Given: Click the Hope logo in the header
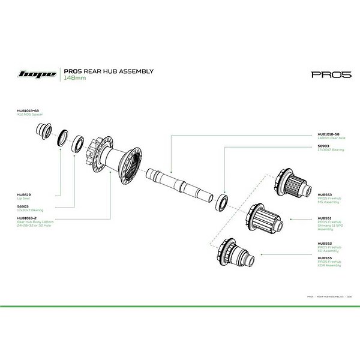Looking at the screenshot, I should pyautogui.click(x=38, y=74).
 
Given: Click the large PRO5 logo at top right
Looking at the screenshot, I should pyautogui.click(x=327, y=75).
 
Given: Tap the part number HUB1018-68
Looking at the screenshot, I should pyautogui.click(x=28, y=111).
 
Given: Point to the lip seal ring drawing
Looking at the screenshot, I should pyautogui.click(x=61, y=136).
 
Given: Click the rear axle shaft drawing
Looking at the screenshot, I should pyautogui.click(x=181, y=185).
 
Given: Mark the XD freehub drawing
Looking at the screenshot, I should pyautogui.click(x=236, y=253).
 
